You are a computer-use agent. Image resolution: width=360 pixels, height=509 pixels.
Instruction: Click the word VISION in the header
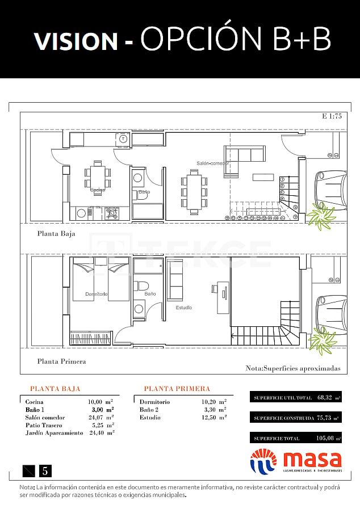click(x=76, y=40)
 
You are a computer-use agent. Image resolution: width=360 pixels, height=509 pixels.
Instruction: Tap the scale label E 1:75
click(x=331, y=117)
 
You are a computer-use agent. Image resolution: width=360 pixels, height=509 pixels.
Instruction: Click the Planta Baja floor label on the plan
click(x=56, y=233)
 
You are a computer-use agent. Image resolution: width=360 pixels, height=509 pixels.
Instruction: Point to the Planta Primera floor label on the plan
click(x=61, y=361)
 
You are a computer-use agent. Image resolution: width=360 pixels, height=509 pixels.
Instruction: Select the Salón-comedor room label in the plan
click(x=213, y=163)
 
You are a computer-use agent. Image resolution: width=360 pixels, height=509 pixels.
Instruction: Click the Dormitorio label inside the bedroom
click(x=96, y=294)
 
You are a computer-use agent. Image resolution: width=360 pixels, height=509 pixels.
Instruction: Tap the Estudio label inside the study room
click(x=183, y=308)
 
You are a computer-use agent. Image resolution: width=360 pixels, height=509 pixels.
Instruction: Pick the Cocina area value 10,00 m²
click(x=101, y=402)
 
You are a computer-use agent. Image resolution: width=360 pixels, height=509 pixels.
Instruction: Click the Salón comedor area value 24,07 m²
click(x=101, y=417)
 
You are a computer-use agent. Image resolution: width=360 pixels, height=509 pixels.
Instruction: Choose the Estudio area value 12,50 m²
click(x=214, y=417)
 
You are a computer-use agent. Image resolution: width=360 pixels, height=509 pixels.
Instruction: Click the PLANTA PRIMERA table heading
click(x=177, y=389)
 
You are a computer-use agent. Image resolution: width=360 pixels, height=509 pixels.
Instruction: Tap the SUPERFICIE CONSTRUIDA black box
click(x=296, y=418)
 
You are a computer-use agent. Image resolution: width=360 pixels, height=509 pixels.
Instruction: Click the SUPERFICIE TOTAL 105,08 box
click(x=296, y=438)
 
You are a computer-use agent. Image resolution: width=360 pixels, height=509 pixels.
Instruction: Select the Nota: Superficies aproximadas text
click(x=292, y=368)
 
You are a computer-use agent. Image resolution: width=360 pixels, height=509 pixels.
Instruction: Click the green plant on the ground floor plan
click(x=321, y=216)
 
